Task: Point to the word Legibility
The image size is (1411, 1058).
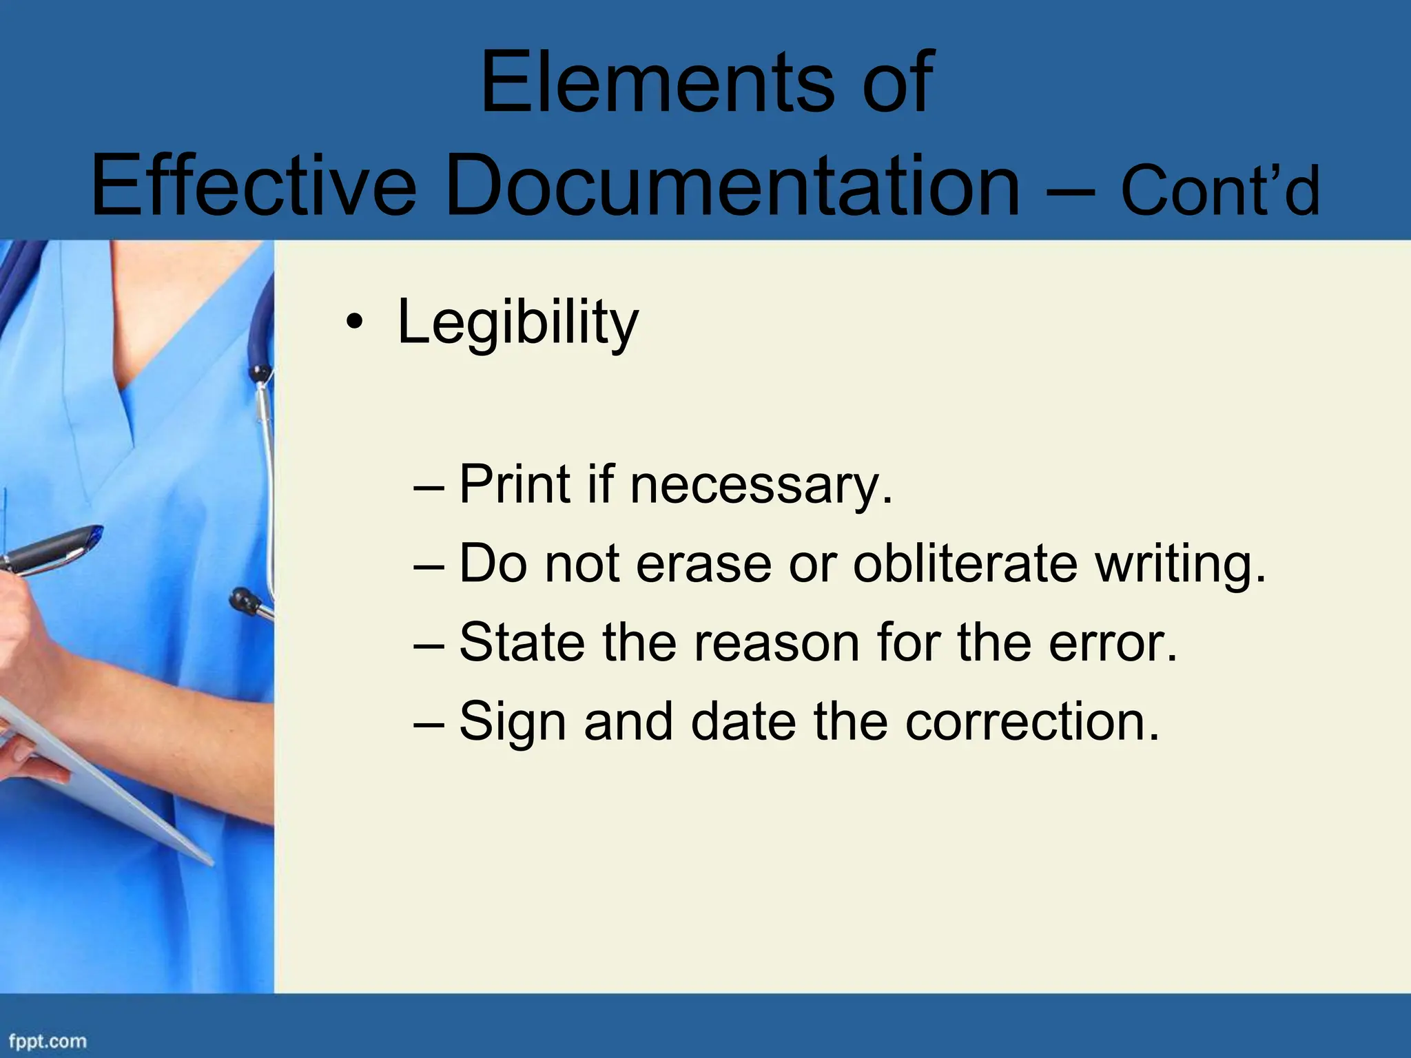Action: (x=518, y=322)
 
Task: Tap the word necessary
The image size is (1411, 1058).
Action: (x=761, y=485)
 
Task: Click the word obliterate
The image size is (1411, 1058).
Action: (x=965, y=563)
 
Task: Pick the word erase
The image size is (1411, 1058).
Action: (x=703, y=563)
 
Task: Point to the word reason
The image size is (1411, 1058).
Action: (x=777, y=642)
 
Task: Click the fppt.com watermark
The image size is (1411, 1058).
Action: (x=48, y=1041)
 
